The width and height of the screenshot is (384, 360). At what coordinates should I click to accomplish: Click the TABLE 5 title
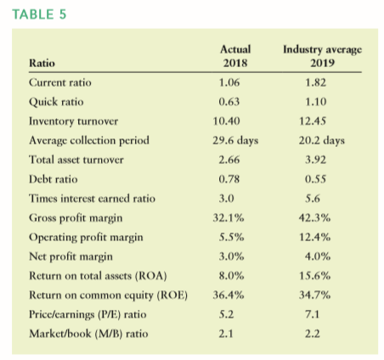39,14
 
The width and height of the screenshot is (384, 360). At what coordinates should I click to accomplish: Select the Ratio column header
42,63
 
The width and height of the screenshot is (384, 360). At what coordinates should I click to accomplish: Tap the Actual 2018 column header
235,56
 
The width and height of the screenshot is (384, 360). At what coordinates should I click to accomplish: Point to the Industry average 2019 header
323,56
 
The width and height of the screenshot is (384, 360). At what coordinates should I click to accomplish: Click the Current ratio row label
60,82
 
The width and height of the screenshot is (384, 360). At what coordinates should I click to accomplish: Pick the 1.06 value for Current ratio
229,82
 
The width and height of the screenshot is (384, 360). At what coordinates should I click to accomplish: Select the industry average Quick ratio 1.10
315,102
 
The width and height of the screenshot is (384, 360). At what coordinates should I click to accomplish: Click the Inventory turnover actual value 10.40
226,121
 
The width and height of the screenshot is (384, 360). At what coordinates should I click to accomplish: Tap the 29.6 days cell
235,141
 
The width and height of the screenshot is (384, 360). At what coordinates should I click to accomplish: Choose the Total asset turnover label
76,160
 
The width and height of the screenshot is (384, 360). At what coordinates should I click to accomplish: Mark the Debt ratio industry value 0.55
315,179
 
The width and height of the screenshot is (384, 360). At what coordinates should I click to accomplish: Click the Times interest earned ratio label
92,199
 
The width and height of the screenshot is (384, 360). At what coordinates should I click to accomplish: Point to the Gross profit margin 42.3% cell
314,218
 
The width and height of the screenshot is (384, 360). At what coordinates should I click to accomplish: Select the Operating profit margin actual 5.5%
231,237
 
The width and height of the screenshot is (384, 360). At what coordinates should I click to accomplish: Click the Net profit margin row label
71,256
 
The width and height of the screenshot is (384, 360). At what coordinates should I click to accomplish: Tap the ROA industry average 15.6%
315,276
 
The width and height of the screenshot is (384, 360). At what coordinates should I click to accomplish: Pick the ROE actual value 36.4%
229,295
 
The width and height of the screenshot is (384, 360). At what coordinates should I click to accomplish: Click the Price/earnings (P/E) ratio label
88,314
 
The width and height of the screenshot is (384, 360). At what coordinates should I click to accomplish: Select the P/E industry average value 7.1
312,314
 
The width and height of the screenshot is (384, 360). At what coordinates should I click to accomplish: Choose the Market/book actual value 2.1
226,334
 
